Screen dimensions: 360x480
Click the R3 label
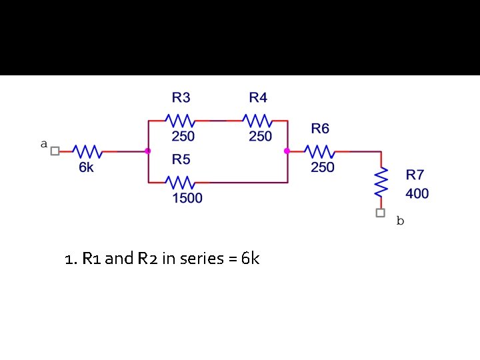pyautogui.click(x=181, y=98)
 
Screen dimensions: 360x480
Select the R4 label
pyautogui.click(x=258, y=98)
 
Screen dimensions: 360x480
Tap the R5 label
pyautogui.click(x=181, y=159)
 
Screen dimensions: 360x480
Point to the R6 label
pyautogui.click(x=320, y=128)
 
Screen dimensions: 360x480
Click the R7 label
pyautogui.click(x=415, y=175)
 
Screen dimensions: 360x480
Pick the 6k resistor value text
pyautogui.click(x=87, y=167)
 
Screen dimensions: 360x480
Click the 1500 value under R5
pyautogui.click(x=187, y=198)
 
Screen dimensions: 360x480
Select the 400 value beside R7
pyautogui.click(x=417, y=194)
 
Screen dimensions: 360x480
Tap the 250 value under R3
pyautogui.click(x=183, y=137)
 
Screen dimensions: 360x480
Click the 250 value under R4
pyautogui.click(x=260, y=137)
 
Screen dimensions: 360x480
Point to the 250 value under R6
pyautogui.click(x=323, y=167)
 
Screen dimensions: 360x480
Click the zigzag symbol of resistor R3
pyautogui.click(x=180, y=121)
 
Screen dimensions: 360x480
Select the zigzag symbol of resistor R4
pyautogui.click(x=257, y=121)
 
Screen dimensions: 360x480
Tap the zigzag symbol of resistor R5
pyautogui.click(x=180, y=182)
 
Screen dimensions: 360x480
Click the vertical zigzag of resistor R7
pyautogui.click(x=381, y=181)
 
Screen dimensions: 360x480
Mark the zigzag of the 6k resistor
pyautogui.click(x=87, y=151)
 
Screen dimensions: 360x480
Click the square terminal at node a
pyautogui.click(x=55, y=151)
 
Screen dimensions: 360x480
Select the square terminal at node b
pyautogui.click(x=380, y=213)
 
